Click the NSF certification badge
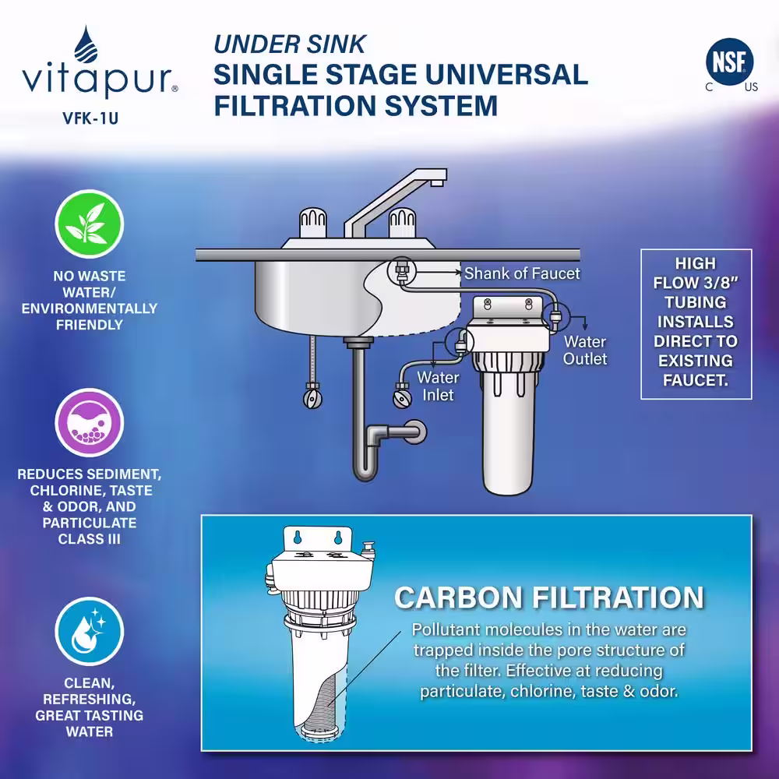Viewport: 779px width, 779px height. pyautogui.click(x=729, y=62)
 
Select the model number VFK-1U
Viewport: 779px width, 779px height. pyautogui.click(x=90, y=118)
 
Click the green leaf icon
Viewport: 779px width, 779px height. pyautogui.click(x=90, y=224)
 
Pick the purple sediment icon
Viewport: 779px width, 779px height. pyautogui.click(x=90, y=422)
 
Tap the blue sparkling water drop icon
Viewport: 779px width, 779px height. pyautogui.click(x=90, y=631)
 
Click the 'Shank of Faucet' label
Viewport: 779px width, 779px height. pyautogui.click(x=522, y=273)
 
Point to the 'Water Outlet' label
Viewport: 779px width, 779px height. pyautogui.click(x=585, y=351)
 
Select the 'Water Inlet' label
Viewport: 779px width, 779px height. pyautogui.click(x=438, y=386)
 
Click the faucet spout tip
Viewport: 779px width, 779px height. pyautogui.click(x=437, y=182)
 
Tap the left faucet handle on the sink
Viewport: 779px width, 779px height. pyautogui.click(x=313, y=223)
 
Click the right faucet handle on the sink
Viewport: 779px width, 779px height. pyautogui.click(x=402, y=223)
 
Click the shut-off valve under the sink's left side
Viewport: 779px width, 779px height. pyautogui.click(x=312, y=398)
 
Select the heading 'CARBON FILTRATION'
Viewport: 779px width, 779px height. pyautogui.click(x=549, y=597)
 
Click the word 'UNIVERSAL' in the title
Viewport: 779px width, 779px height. pyautogui.click(x=506, y=75)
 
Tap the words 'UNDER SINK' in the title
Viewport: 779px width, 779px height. pyautogui.click(x=290, y=44)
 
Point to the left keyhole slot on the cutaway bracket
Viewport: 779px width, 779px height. pyautogui.click(x=298, y=538)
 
